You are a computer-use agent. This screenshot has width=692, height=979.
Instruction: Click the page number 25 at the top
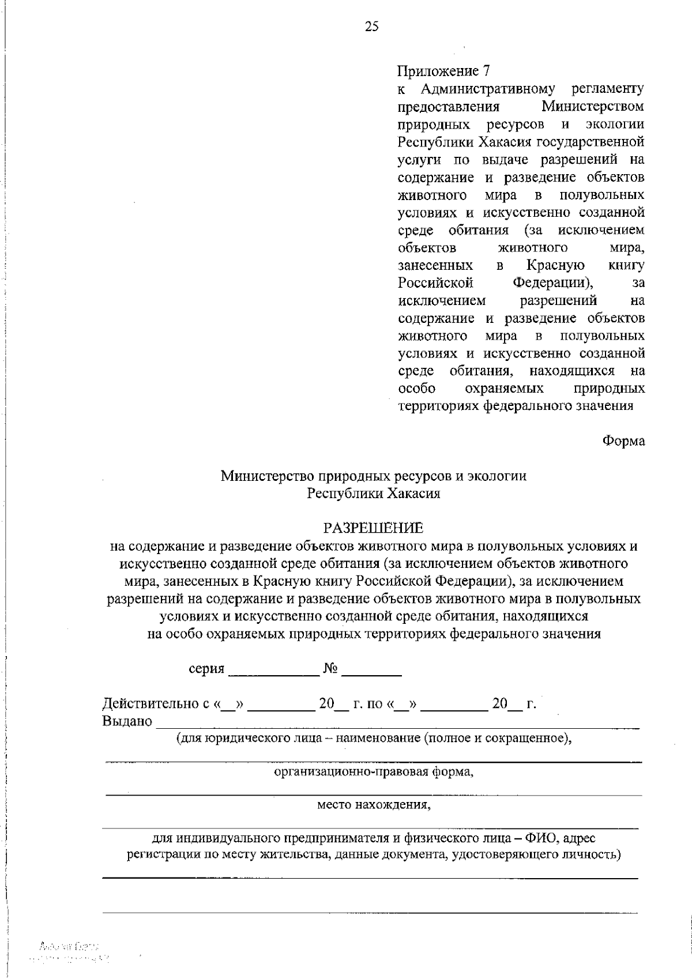[371, 27]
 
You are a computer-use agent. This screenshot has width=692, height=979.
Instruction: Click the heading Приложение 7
[443, 71]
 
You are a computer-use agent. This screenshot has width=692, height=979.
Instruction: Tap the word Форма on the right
[623, 441]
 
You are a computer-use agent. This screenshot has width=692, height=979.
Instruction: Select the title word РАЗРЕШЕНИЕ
[373, 528]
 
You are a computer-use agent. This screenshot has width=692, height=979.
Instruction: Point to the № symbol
[330, 668]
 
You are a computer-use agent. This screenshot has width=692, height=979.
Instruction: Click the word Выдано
[127, 721]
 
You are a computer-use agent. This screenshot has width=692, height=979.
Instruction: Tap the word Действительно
[150, 703]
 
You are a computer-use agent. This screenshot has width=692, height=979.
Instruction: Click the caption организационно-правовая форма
[373, 772]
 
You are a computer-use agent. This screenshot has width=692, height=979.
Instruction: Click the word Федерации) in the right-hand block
[553, 283]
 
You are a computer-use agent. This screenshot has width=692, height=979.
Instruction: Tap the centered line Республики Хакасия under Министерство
[373, 494]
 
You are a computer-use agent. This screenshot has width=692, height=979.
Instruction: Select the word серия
[206, 669]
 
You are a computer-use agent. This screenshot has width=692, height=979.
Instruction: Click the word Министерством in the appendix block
[593, 107]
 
